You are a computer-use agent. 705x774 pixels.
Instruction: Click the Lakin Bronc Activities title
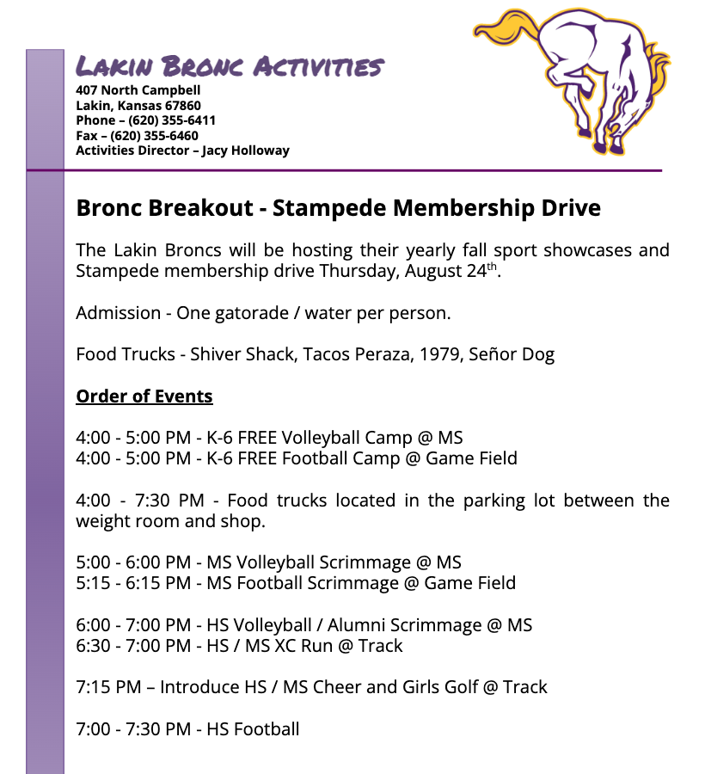pos(229,66)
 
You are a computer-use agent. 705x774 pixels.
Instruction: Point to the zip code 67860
pos(181,106)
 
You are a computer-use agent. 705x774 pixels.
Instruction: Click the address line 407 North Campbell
pos(138,90)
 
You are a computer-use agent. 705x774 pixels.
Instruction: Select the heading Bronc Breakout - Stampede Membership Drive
pos(338,208)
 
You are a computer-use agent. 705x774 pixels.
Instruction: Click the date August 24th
pos(460,272)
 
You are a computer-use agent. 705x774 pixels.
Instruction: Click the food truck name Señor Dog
pos(512,354)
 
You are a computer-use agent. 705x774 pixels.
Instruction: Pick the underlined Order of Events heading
pos(144,396)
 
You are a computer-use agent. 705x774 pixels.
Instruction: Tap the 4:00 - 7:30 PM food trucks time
pos(140,501)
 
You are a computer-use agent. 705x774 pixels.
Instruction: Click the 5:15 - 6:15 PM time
pos(133,583)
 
